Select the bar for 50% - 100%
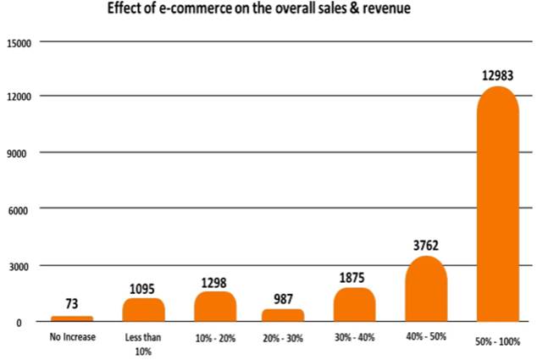pos(497,204)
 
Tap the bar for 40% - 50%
pos(426,289)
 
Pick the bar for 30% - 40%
pos(355,304)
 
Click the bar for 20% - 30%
pos(283,314)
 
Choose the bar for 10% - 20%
pos(214,307)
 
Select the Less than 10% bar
pos(143,309)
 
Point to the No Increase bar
pos(72,318)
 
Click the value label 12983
pos(497,77)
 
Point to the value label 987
pos(284,298)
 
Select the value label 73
pos(72,302)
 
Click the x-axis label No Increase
pos(72,337)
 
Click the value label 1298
pos(214,280)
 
